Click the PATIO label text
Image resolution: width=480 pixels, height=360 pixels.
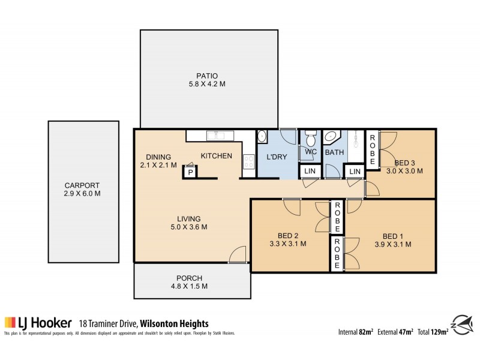206,76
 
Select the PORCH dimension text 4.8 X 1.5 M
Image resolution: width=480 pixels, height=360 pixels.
189,286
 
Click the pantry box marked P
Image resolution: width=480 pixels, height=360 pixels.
190,172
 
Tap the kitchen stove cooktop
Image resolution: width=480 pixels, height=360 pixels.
247,161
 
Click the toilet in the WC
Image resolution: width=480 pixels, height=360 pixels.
310,139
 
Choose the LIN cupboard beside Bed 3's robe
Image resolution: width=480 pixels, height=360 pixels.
355,172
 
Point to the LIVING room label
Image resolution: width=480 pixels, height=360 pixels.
188,218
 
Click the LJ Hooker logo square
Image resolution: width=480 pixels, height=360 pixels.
10,322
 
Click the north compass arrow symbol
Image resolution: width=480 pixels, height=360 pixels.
461,323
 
